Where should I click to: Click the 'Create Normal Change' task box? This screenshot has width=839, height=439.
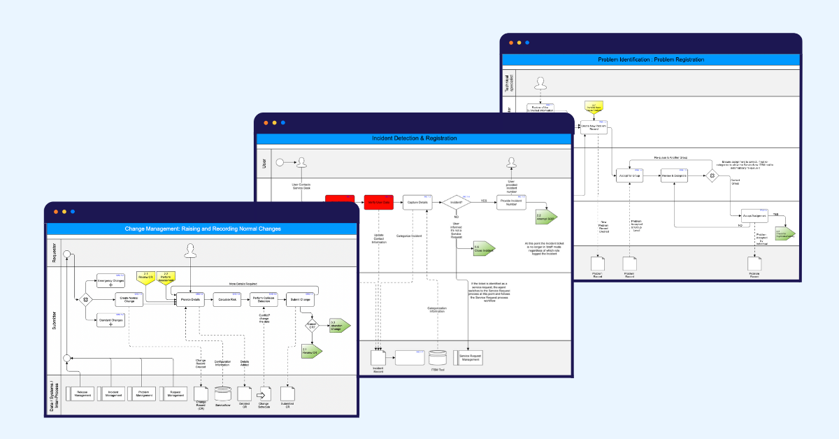[x=129, y=300]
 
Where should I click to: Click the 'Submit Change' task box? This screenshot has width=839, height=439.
[x=301, y=300]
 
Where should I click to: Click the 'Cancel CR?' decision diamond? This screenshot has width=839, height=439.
[x=311, y=325]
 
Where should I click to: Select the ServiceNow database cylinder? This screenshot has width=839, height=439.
[x=223, y=394]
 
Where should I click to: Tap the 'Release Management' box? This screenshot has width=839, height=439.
[x=82, y=394]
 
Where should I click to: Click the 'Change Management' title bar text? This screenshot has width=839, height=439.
[x=201, y=229]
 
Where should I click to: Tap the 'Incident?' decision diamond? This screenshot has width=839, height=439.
[x=456, y=202]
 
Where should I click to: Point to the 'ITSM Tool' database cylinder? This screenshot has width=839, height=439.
[x=437, y=358]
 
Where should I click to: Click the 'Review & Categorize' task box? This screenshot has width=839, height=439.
[x=674, y=176]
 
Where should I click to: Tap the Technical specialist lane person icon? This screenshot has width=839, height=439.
[x=539, y=84]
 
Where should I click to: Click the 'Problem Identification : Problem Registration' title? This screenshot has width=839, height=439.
[x=651, y=59]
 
